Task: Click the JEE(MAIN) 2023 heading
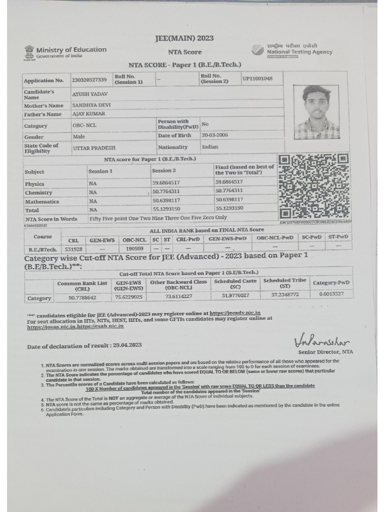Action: (184, 38)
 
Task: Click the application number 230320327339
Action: (89, 80)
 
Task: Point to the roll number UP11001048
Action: (257, 78)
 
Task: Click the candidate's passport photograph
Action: (316, 112)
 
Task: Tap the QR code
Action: (313, 186)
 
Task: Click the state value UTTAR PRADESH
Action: (94, 148)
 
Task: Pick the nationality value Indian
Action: (210, 147)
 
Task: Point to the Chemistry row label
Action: (38, 192)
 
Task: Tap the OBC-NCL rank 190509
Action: (134, 248)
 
